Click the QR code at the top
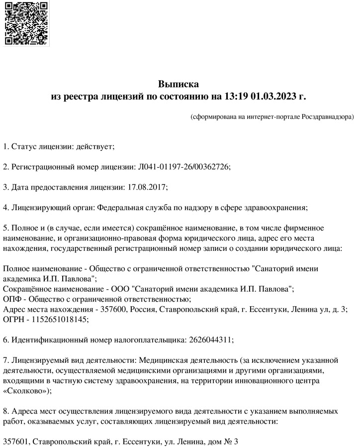pos(26,23)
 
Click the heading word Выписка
pos(179,84)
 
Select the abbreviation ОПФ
pos(11,299)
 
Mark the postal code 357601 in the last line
pos(16,442)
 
